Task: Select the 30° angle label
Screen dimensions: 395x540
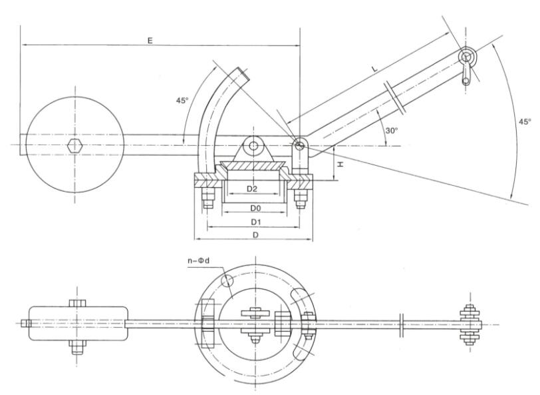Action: (x=392, y=131)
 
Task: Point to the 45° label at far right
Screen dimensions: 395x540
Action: (x=525, y=122)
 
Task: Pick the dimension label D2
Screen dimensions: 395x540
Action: (x=252, y=189)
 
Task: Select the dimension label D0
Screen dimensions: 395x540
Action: (x=253, y=208)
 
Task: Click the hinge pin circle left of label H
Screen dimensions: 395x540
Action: (x=299, y=145)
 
